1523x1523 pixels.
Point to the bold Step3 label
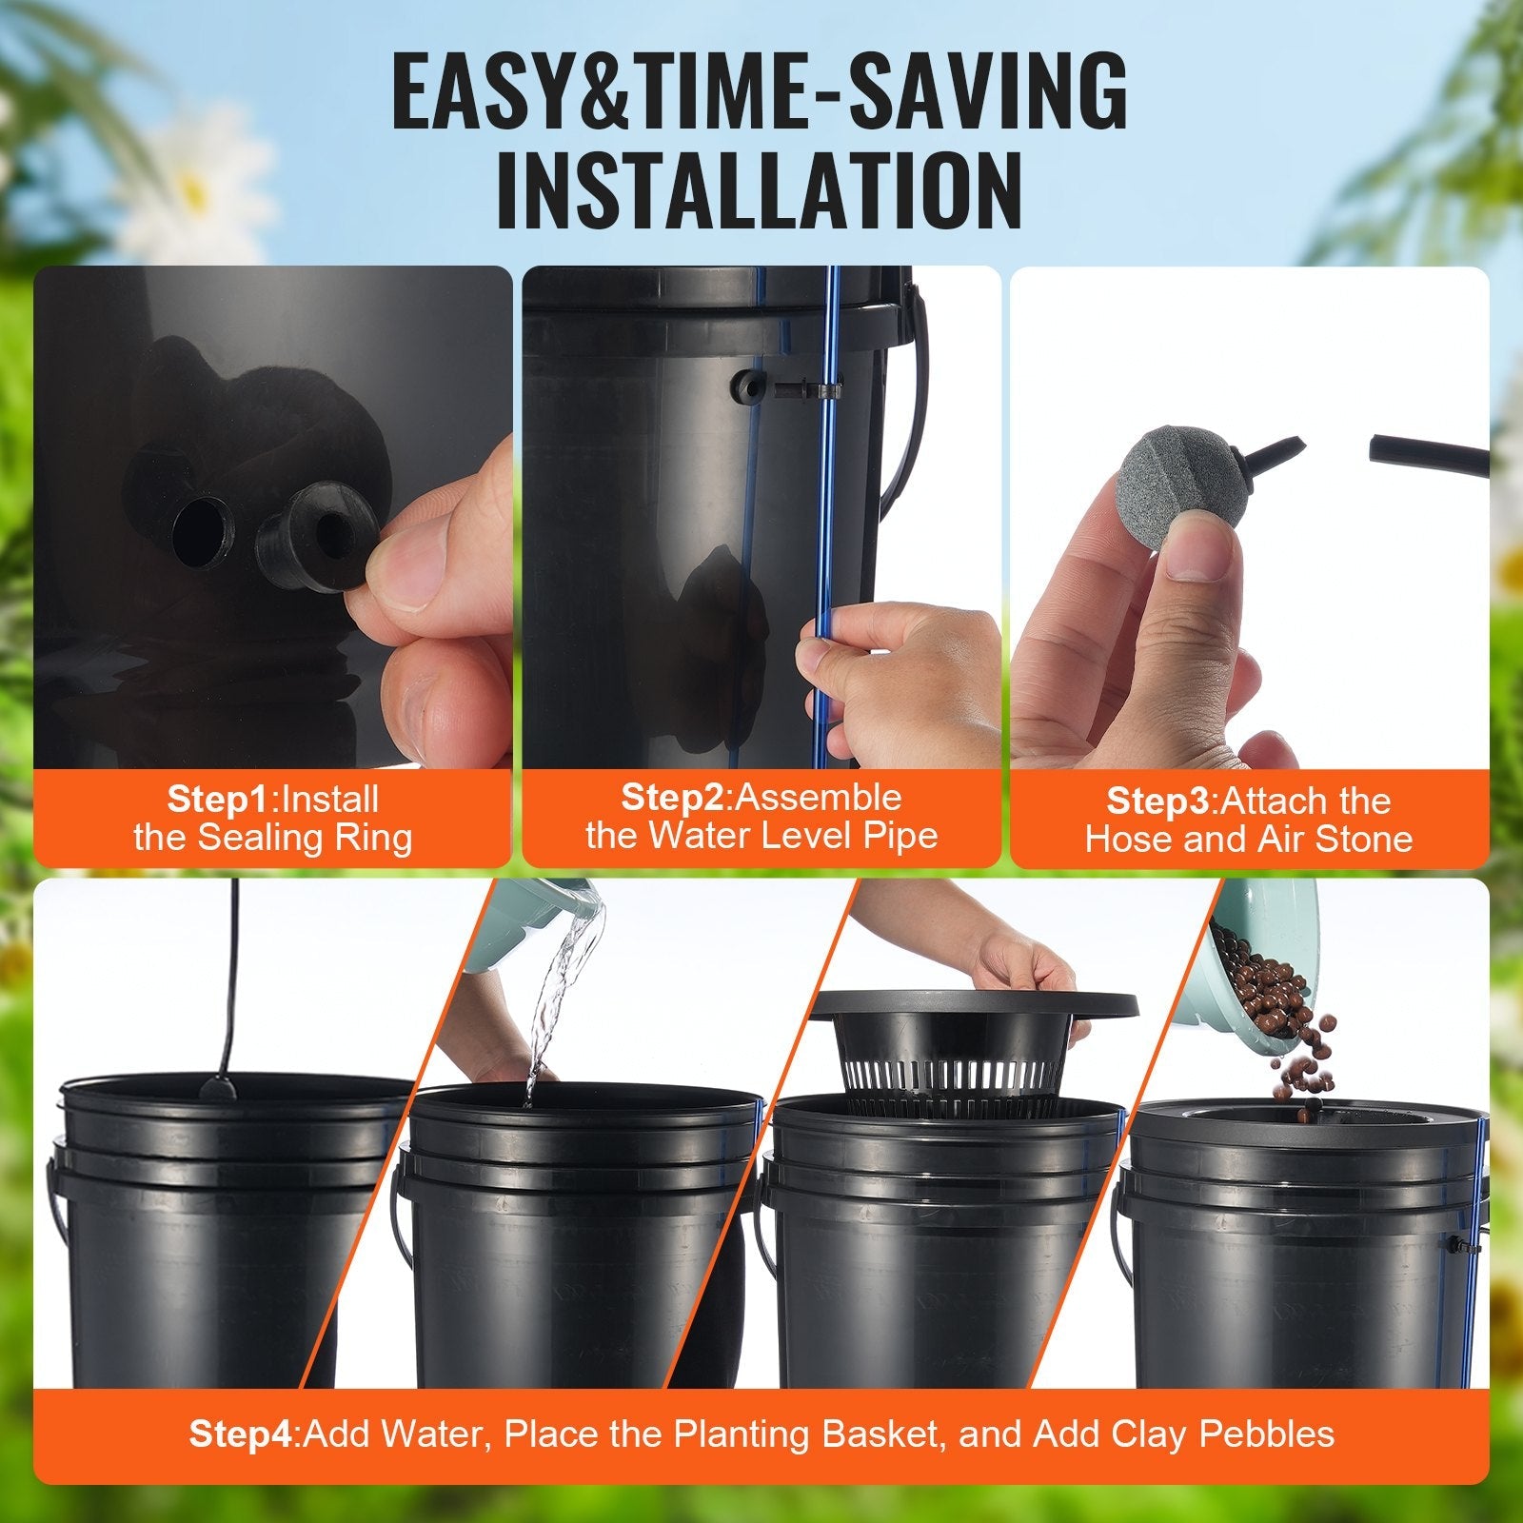tap(1160, 801)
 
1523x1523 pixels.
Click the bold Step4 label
tap(244, 1434)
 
